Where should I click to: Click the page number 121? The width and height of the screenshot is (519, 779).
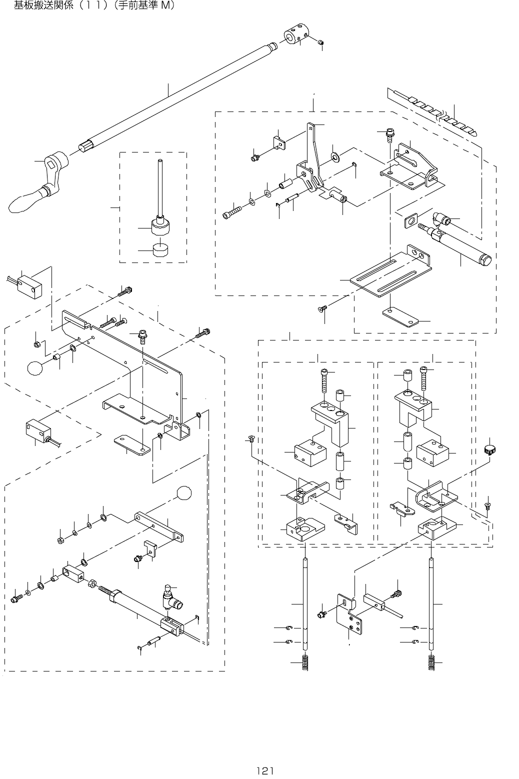[x=264, y=770]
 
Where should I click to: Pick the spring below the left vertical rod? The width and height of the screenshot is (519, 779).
[x=305, y=663]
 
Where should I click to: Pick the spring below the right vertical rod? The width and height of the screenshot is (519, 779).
[x=430, y=663]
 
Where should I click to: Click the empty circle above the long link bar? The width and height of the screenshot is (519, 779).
[x=184, y=492]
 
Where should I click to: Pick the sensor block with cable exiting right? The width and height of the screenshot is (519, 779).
[x=39, y=429]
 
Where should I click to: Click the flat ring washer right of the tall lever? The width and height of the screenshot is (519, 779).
[x=335, y=157]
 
